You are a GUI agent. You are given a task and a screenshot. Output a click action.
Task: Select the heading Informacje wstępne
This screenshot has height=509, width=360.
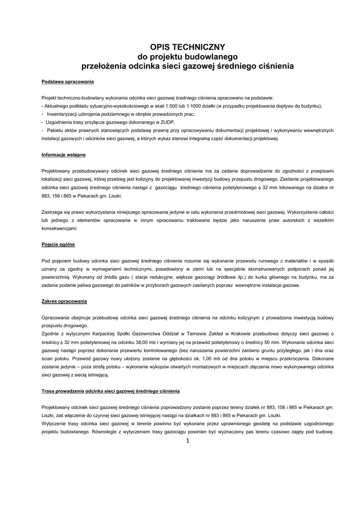(63, 155)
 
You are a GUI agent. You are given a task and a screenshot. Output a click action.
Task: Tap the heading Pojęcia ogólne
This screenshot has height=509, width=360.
(58, 245)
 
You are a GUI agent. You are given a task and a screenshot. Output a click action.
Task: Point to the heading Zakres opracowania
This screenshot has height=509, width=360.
(64, 301)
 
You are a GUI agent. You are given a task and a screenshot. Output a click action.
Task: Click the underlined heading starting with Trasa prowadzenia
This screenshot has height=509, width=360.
(110, 391)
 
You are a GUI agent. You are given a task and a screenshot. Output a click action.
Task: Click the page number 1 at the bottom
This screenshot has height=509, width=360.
(188, 441)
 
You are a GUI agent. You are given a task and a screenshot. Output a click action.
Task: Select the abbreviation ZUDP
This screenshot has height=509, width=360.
(168, 122)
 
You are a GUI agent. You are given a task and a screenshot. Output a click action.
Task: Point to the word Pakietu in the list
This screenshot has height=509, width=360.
(57, 130)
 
